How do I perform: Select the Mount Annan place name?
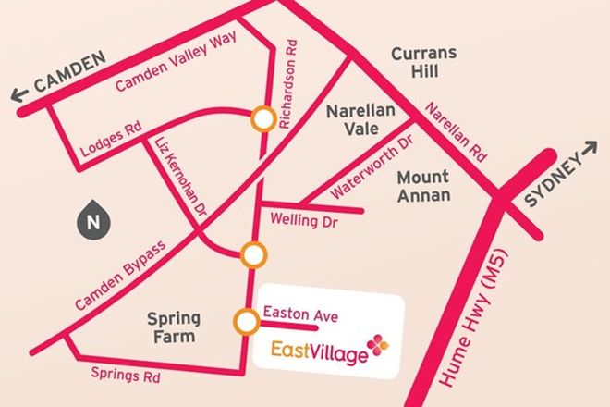pos(423,185)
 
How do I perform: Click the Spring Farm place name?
pos(173,327)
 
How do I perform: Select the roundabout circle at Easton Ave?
pos(246,321)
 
